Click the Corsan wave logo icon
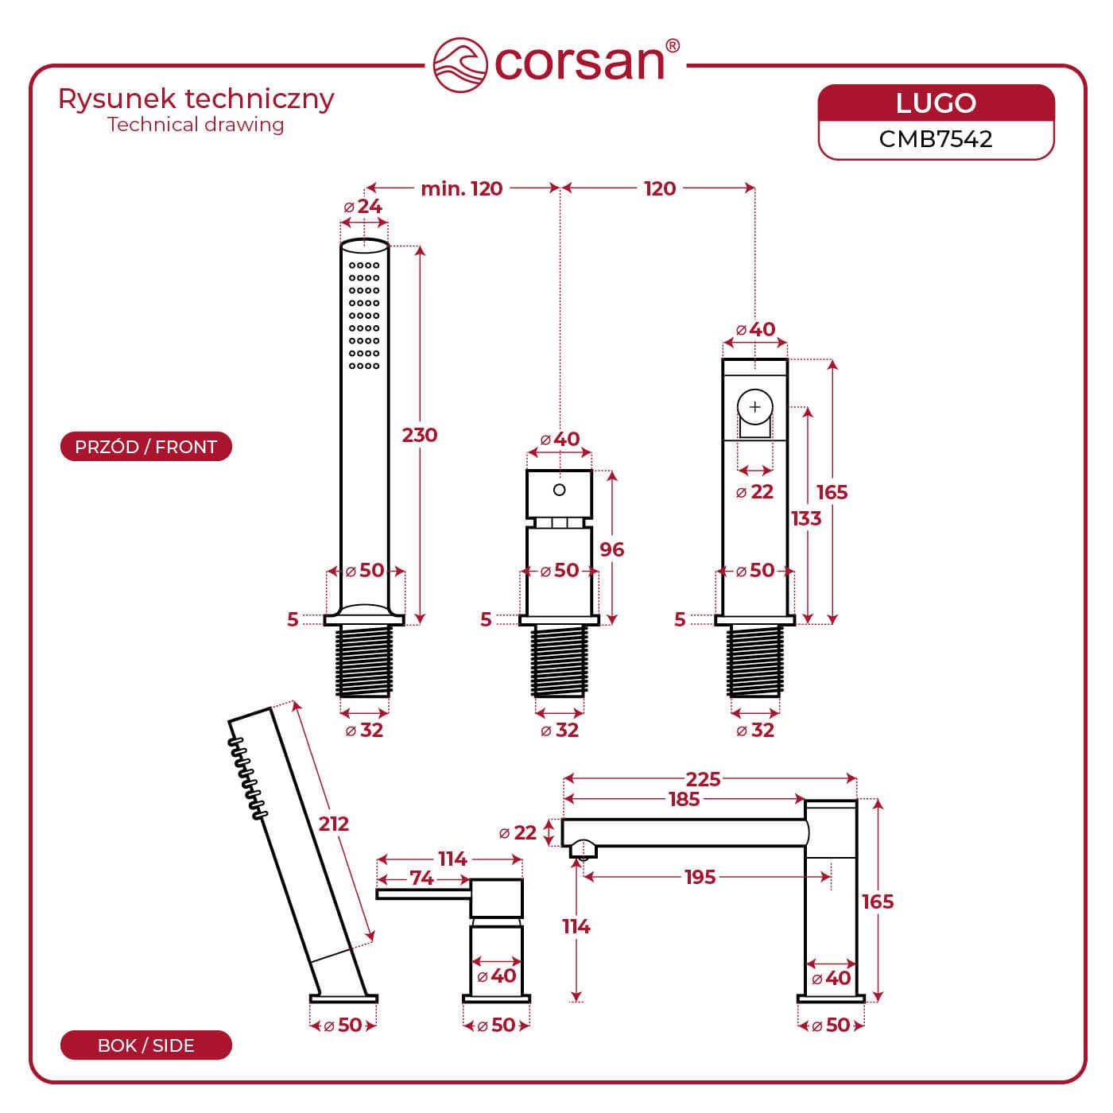460,64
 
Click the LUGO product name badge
936,103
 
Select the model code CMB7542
936,139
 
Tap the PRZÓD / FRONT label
145,447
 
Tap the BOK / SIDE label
145,1045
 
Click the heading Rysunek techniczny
196,99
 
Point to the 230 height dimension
420,435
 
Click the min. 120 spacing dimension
462,188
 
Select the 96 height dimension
611,549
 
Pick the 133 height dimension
806,518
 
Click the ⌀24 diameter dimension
363,207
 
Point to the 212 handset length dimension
334,824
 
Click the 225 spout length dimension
703,779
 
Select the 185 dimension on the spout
684,799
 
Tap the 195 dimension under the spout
700,877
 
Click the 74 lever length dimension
421,878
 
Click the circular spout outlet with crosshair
754,407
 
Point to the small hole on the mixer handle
559,490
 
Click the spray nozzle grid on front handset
364,315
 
